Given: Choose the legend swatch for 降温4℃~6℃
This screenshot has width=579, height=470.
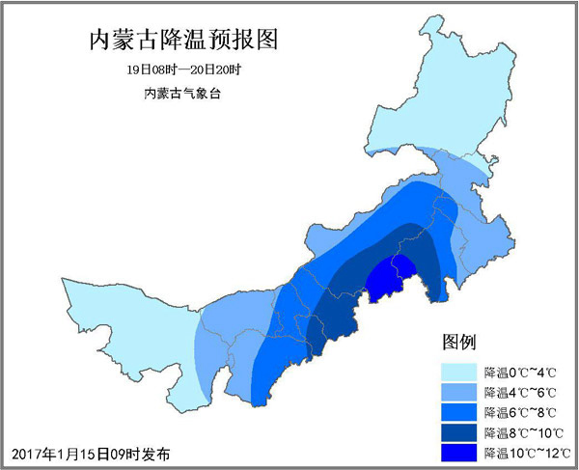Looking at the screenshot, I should pos(460,392).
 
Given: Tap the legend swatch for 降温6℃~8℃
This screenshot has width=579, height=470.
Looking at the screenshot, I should pos(460,412).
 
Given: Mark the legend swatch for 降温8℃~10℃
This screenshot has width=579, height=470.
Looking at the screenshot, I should pos(460,431).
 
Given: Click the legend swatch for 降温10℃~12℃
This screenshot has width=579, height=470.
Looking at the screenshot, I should pos(460,452).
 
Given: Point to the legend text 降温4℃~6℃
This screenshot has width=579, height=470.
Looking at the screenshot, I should pos(522,392).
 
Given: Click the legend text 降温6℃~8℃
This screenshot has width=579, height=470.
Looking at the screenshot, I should pos(522,412).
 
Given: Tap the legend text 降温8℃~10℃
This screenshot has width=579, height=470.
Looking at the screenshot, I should pos(525,431).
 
